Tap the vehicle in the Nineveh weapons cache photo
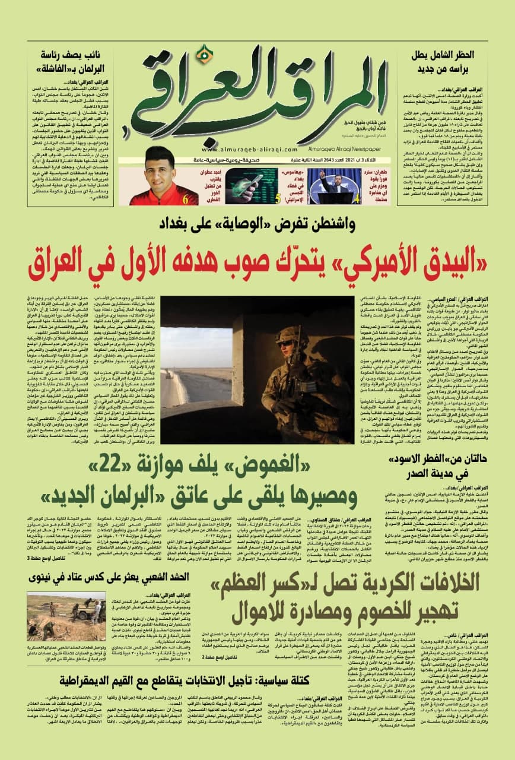click(x=87, y=603)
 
